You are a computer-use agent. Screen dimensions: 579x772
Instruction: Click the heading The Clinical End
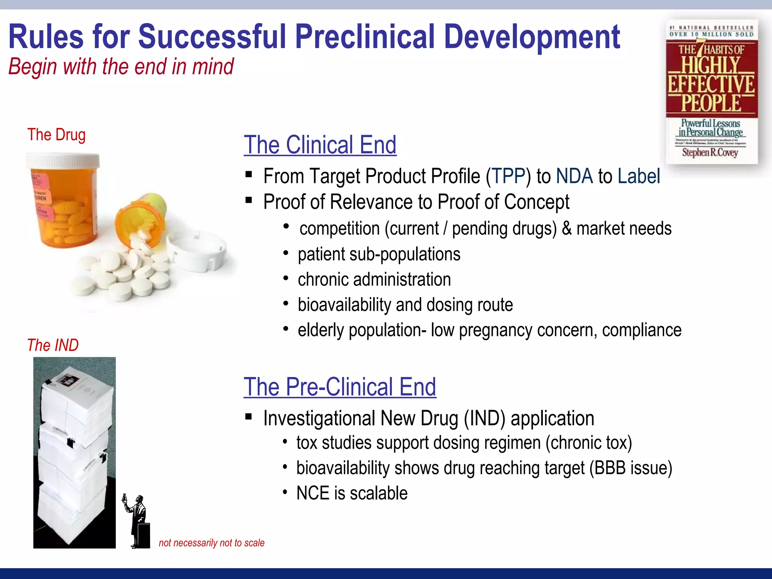320,145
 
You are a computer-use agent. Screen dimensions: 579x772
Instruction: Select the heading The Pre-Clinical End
340,387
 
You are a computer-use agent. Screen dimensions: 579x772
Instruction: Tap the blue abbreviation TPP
509,176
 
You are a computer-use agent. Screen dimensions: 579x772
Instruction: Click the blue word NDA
574,176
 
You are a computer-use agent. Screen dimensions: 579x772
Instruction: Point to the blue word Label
639,176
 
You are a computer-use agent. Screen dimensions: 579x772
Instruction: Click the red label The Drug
57,135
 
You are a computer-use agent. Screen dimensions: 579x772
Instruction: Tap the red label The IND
53,345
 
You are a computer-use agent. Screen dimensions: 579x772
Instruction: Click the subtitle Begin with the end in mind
121,67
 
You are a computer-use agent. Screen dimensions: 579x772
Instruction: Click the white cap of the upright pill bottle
63,161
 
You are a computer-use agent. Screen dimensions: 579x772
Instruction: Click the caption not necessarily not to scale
211,543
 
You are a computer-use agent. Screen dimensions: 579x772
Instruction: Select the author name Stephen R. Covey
709,153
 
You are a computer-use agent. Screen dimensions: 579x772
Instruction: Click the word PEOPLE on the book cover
711,103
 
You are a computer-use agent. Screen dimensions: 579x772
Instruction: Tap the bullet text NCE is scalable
352,493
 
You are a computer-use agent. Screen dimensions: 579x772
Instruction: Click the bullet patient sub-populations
379,254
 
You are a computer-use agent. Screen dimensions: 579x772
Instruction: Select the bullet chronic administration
374,279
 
